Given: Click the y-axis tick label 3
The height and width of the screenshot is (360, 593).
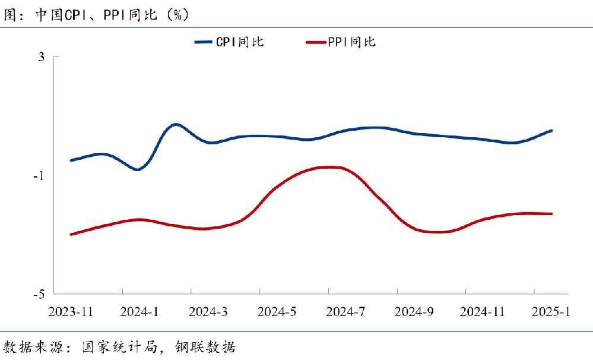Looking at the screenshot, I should point(41,57).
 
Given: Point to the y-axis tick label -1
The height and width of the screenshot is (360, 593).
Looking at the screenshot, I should point(39,176).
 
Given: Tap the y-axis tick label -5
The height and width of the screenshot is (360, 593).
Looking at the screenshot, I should point(39,294).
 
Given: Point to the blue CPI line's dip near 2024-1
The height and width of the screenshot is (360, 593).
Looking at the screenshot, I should point(137,169).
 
